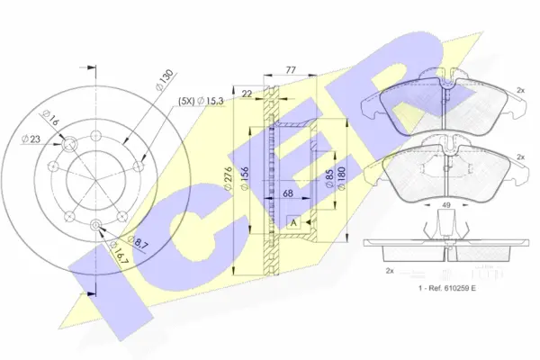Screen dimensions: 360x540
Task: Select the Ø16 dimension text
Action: pos(49,119)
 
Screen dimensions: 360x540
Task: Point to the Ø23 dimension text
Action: pos(32,138)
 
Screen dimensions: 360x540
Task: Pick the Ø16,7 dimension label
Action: pos(117,255)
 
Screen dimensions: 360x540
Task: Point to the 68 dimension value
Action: pos(288,193)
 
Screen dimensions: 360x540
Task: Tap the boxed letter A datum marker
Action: pos(292,221)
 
